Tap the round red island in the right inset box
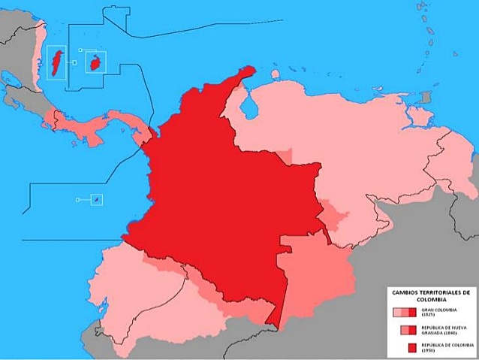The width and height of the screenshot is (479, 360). point(95,62)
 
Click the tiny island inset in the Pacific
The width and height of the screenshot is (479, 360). point(95,199)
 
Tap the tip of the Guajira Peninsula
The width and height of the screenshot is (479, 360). point(251,70)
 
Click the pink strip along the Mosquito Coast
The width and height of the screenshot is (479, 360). point(35,53)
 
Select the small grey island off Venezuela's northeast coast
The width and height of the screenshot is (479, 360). point(426,98)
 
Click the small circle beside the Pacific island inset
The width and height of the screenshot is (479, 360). point(79,200)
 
